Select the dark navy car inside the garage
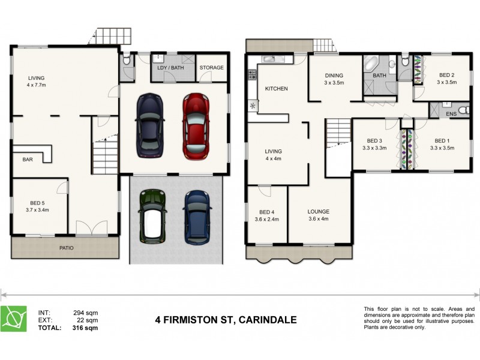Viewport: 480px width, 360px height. (x=149, y=125)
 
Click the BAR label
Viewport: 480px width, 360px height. (x=28, y=160)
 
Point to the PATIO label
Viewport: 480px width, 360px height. (x=66, y=247)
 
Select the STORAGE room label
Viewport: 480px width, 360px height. (x=211, y=68)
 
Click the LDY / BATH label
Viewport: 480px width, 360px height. (x=170, y=68)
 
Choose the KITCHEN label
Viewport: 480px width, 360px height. (x=277, y=89)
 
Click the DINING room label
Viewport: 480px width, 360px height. (x=334, y=76)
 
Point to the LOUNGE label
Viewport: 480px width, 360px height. (x=318, y=212)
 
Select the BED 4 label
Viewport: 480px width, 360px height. (x=267, y=212)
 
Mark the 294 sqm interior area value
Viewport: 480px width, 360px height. (x=86, y=313)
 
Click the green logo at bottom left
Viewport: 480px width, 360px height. (x=16, y=319)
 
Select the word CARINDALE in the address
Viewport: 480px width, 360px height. (x=267, y=320)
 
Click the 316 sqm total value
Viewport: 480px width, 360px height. (x=86, y=328)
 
